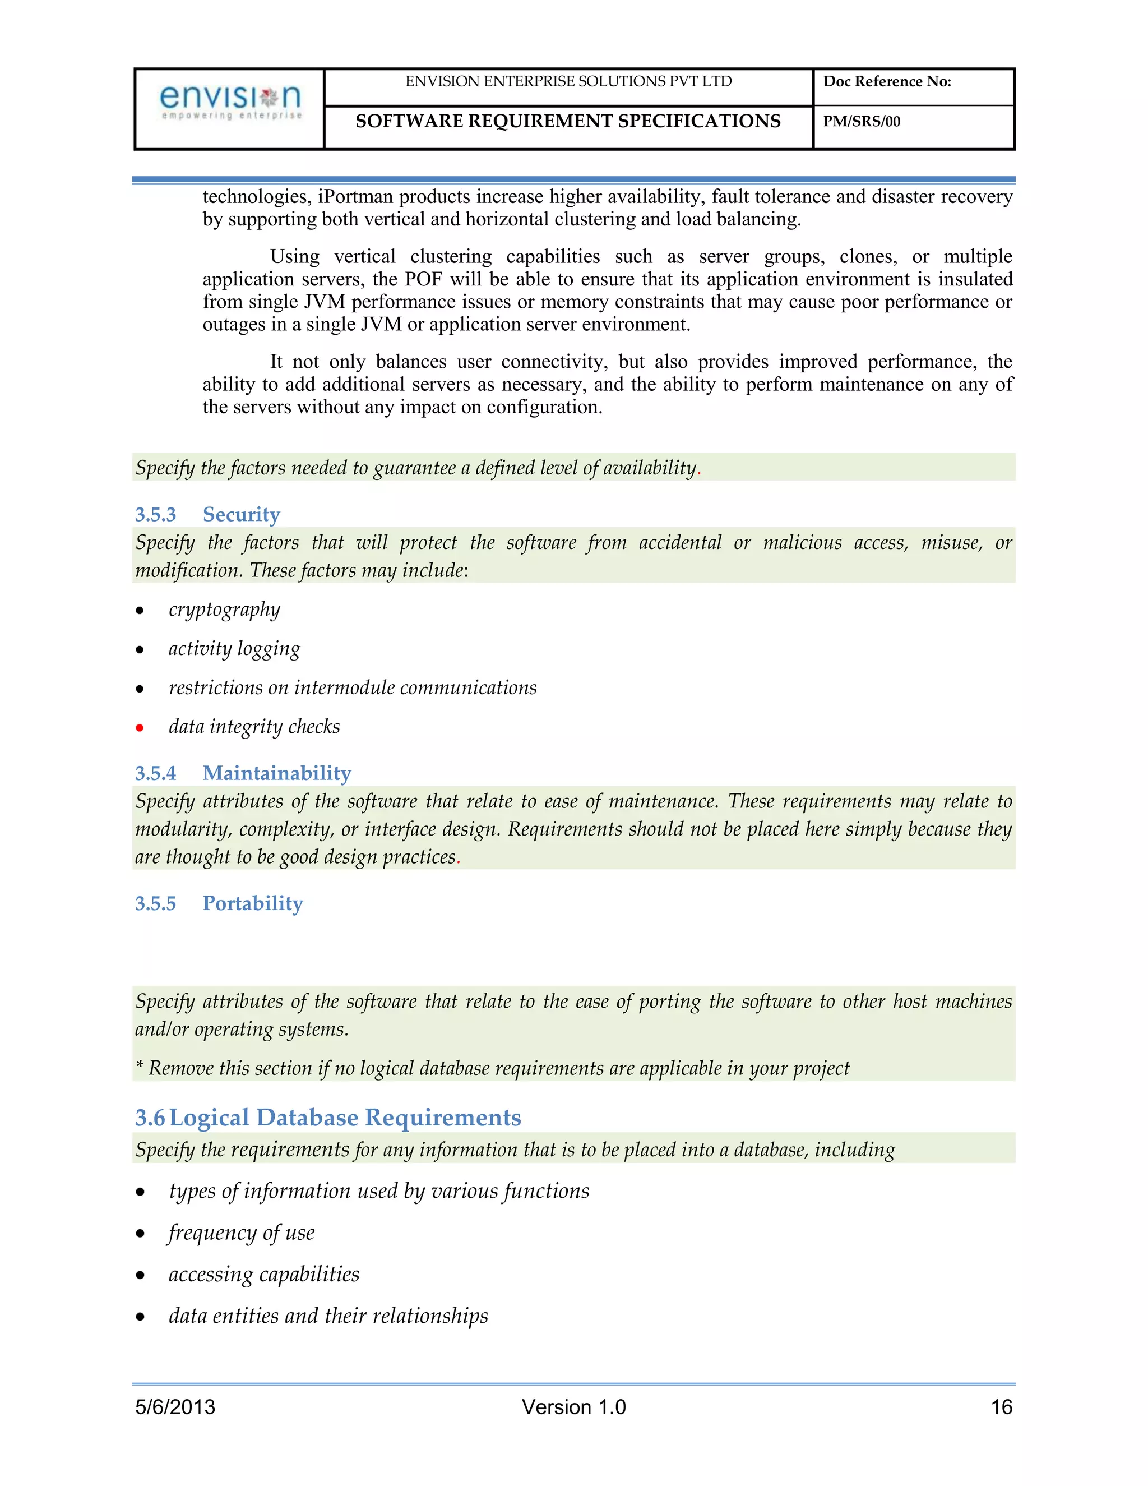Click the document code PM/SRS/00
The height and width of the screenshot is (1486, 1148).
pos(861,122)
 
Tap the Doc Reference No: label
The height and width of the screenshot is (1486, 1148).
pos(887,82)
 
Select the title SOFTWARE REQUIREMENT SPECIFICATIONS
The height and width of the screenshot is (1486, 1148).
pos(568,121)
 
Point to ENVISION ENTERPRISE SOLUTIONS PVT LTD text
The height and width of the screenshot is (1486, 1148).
pos(568,82)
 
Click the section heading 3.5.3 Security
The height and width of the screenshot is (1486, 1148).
pos(207,514)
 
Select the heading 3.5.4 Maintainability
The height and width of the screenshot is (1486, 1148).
pos(243,773)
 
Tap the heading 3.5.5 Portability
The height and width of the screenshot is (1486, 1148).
pos(219,903)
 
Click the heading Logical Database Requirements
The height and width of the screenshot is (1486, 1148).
pos(345,1117)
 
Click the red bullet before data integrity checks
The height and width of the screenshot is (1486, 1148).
pos(140,728)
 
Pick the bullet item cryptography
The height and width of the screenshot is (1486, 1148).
pos(224,610)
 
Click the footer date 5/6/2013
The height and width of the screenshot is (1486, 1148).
pos(175,1406)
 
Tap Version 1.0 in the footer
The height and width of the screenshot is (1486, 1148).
pos(573,1406)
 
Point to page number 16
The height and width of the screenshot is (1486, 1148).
pos(1001,1406)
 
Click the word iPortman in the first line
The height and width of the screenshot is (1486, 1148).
pos(355,197)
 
